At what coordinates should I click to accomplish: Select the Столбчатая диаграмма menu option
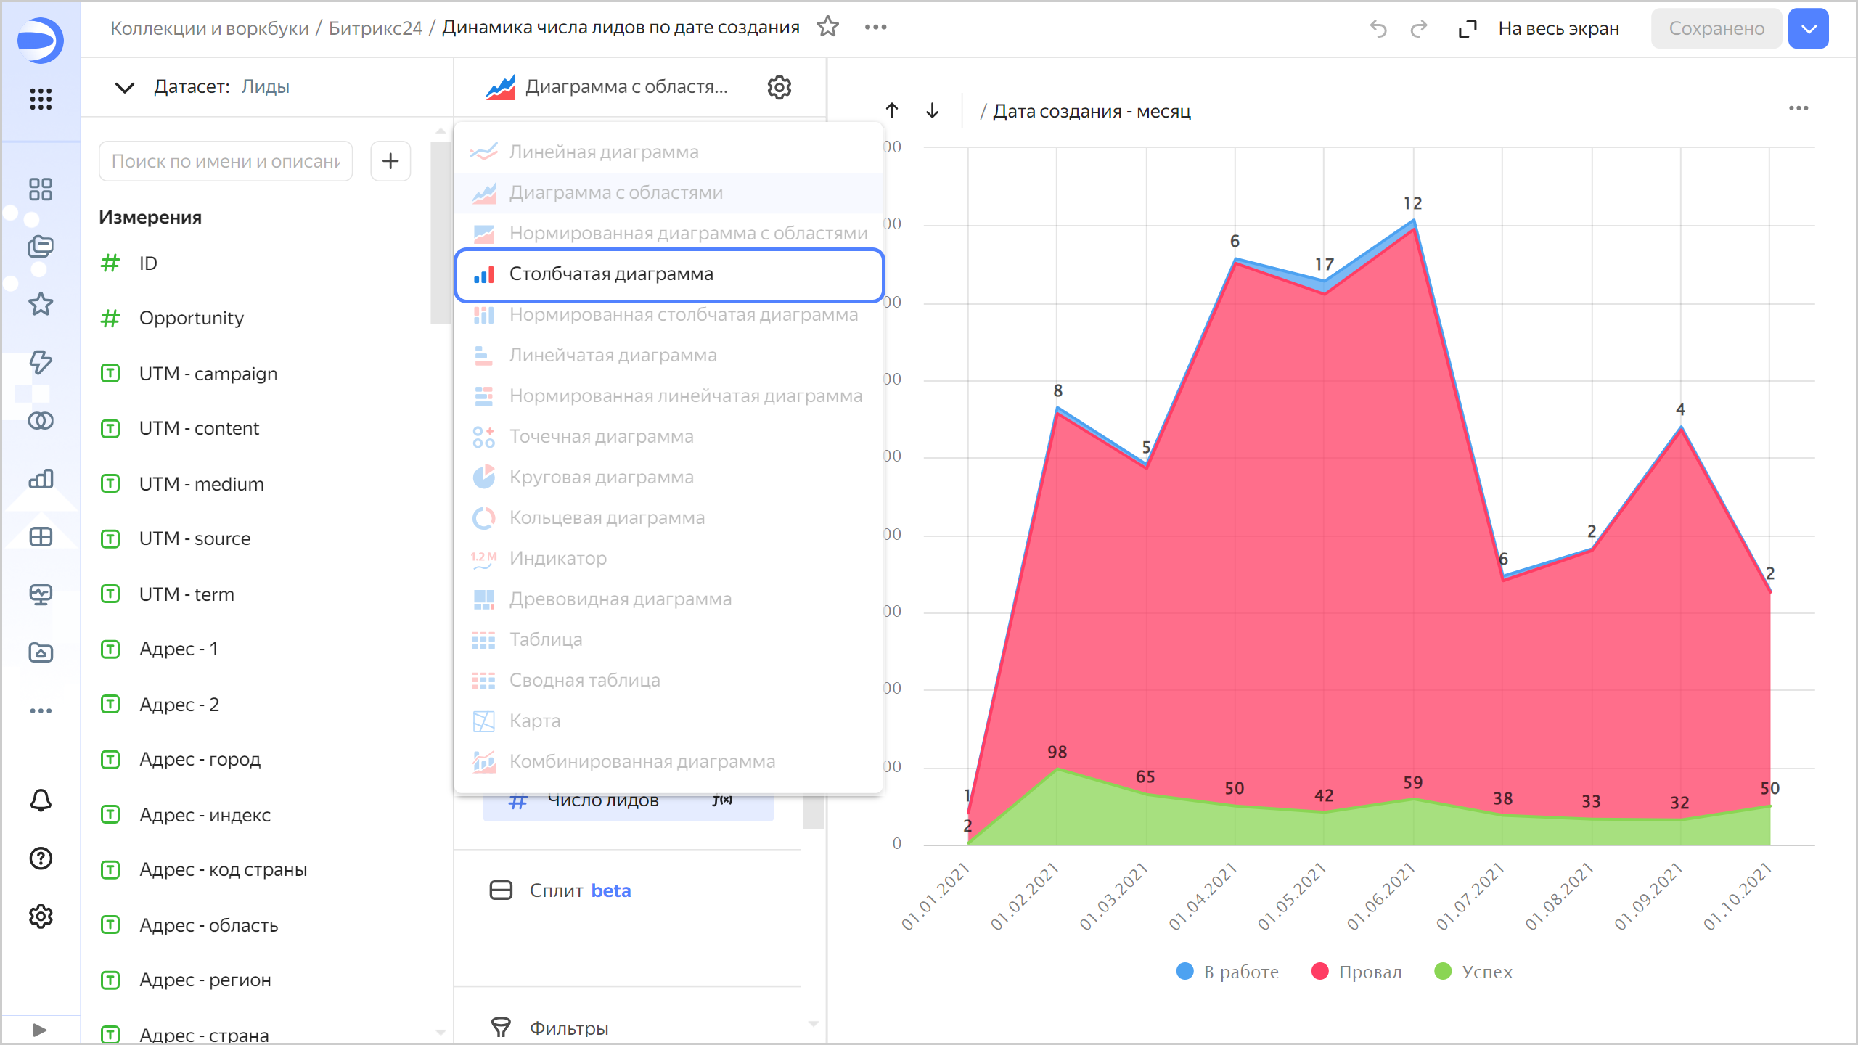(x=610, y=274)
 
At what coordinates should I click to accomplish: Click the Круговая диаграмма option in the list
(x=600, y=478)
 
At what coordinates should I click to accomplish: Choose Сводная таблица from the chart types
(x=584, y=681)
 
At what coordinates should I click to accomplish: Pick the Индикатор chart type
(x=557, y=559)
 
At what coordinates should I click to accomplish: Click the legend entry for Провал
(x=1356, y=972)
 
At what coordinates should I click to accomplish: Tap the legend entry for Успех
(x=1473, y=972)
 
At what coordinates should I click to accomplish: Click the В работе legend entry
(x=1227, y=972)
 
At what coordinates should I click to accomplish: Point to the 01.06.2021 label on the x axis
(x=1381, y=897)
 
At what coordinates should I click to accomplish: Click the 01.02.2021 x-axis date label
(x=1025, y=897)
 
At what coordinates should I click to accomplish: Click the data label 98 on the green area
(x=1057, y=753)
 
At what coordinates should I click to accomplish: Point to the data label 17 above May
(x=1324, y=265)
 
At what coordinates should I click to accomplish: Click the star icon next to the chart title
(x=827, y=28)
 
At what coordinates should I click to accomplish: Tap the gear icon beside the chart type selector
(x=779, y=87)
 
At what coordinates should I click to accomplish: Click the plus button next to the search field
(x=390, y=161)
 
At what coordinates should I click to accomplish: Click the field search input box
(x=225, y=161)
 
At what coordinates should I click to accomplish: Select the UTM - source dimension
(x=195, y=539)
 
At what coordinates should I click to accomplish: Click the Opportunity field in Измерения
(x=191, y=319)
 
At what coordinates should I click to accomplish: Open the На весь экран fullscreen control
(x=1539, y=29)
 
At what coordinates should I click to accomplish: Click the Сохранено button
(x=1716, y=29)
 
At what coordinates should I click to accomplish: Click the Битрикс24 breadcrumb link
(x=375, y=28)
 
